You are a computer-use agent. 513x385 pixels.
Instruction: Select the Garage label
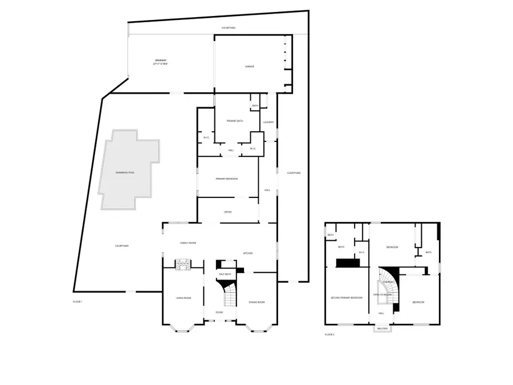(250, 66)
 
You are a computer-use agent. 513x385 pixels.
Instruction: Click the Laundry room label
(268, 122)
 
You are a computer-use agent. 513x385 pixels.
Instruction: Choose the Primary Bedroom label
(227, 179)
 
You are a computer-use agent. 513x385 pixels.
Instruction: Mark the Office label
(228, 212)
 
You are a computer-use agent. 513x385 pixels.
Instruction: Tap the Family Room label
(188, 243)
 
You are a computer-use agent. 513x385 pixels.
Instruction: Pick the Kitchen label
(248, 253)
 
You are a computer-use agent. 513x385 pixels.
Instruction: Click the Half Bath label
(225, 274)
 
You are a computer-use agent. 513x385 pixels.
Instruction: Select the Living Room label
(183, 298)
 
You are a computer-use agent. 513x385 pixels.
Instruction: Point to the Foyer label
(219, 313)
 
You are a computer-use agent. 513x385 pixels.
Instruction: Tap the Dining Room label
(257, 302)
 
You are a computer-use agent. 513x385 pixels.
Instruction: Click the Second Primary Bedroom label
(347, 298)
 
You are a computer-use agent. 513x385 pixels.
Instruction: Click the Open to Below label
(381, 294)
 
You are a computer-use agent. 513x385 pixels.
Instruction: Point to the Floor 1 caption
(78, 301)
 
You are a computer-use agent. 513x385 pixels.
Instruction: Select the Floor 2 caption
(329, 334)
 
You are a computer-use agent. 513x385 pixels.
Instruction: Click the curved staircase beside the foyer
(230, 295)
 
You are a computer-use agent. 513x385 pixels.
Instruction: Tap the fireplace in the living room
(184, 264)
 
